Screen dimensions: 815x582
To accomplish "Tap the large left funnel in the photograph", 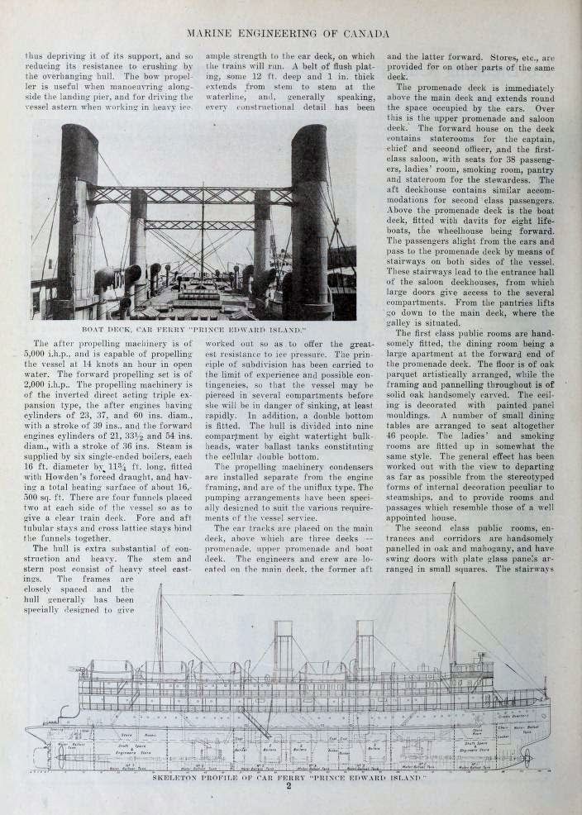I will coord(79,215).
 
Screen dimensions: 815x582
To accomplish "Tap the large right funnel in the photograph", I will coord(311,215).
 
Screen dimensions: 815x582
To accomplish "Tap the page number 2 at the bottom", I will coord(289,788).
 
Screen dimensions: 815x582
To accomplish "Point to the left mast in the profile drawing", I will coord(159,628).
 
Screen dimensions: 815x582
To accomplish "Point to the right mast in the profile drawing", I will coord(452,628).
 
